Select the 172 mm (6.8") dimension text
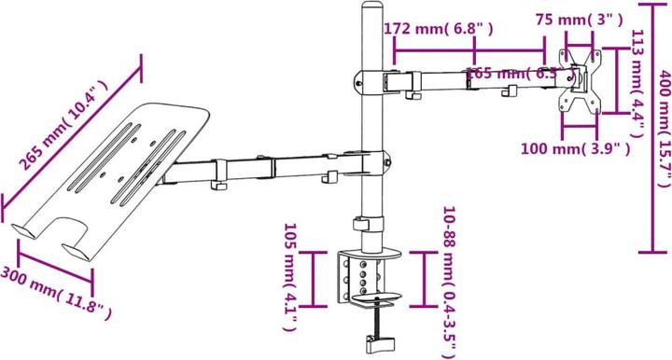pos(438,29)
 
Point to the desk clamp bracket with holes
pos(363,275)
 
